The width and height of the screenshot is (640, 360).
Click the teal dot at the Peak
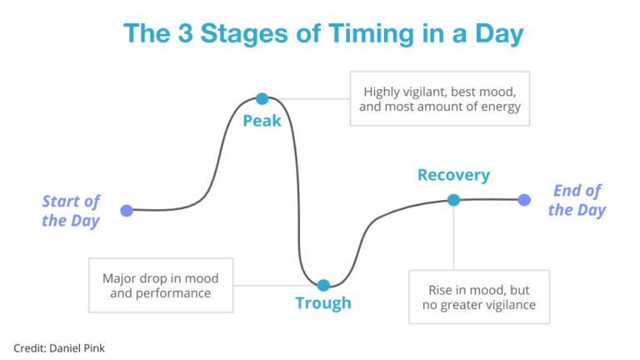click(262, 98)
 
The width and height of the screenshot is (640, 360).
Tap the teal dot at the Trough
click(323, 285)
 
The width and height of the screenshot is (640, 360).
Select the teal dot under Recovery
click(453, 200)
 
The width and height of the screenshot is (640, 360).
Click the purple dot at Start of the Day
click(126, 211)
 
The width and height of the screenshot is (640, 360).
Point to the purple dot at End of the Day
click(523, 200)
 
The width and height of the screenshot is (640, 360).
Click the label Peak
click(262, 122)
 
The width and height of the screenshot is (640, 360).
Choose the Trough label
click(323, 303)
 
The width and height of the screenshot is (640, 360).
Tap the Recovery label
click(453, 176)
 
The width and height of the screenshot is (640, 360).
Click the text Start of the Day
click(71, 211)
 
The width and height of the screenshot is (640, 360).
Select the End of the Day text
click(577, 200)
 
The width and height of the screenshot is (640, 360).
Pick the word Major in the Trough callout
click(119, 277)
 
